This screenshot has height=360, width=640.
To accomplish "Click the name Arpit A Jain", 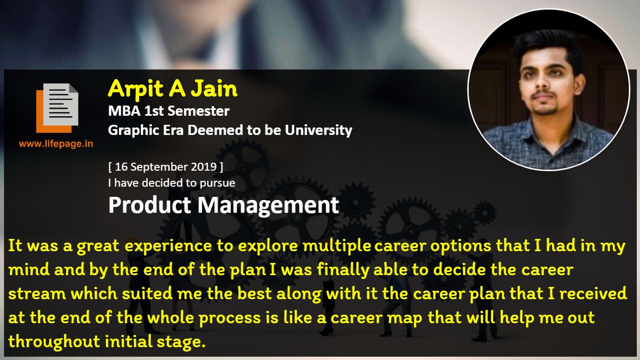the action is click(173, 89).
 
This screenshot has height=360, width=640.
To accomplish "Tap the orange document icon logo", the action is click(57, 108).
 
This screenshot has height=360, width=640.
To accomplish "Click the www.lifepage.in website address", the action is click(56, 143).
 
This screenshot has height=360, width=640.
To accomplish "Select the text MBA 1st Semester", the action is click(169, 111).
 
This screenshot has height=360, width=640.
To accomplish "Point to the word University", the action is click(318, 130).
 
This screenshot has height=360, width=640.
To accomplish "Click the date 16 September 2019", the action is click(166, 167).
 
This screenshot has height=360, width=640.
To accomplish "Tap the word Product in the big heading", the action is click(149, 205).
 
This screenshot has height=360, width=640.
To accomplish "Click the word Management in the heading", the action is click(268, 206).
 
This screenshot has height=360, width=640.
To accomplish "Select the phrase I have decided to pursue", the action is click(171, 183).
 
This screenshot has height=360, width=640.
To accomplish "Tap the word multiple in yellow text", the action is click(337, 246).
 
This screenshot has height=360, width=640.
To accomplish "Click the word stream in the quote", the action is click(37, 294).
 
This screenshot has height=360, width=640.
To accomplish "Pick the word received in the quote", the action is click(593, 294).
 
